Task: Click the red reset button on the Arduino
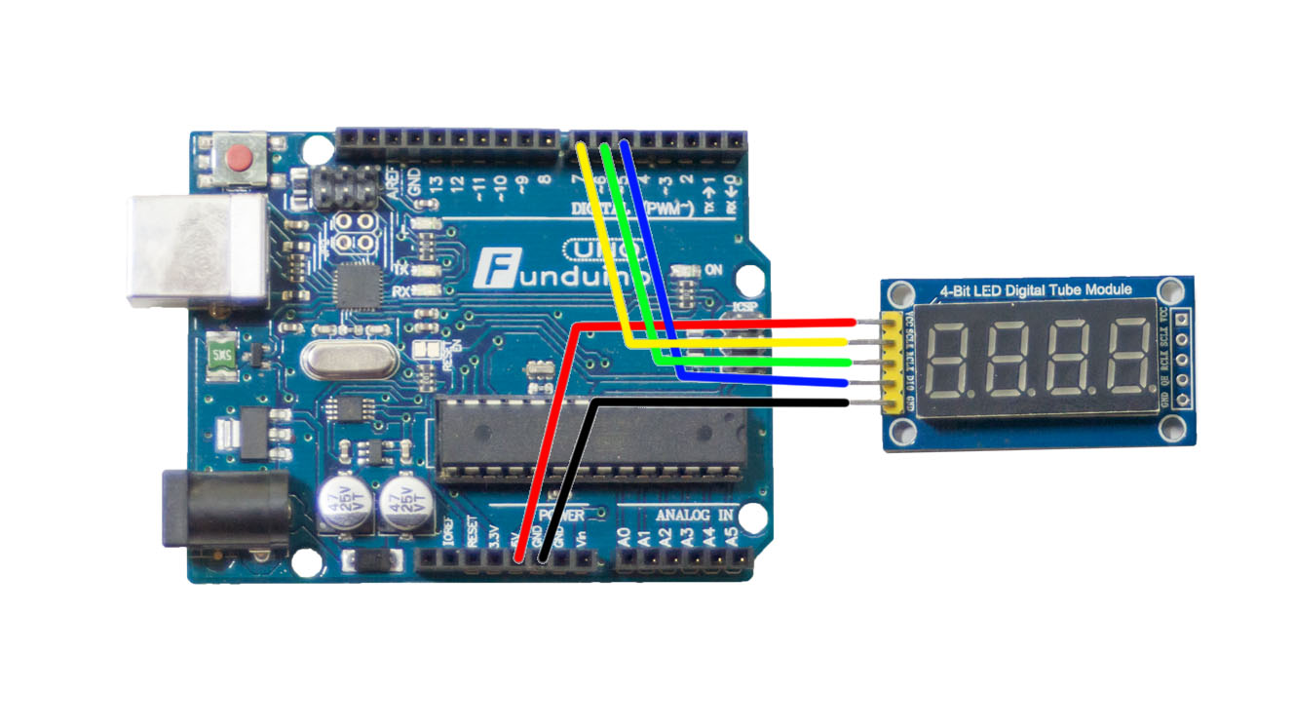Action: [237, 158]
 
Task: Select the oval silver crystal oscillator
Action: [348, 362]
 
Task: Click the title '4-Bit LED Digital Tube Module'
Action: [1035, 290]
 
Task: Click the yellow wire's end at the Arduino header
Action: [583, 148]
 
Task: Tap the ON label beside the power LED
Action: [713, 270]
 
